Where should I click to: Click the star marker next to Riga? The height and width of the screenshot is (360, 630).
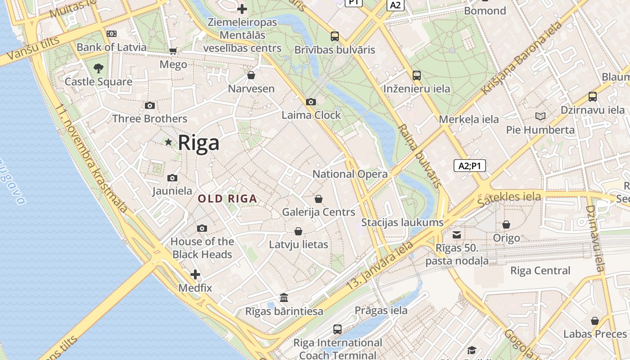coord(169,142)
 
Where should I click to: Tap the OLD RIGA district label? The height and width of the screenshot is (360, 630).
coord(227,198)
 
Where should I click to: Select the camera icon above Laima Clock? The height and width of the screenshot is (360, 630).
coord(310,102)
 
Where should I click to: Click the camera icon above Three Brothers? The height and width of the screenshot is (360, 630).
coord(150,106)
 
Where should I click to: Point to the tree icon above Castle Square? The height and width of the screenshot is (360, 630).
coord(99,68)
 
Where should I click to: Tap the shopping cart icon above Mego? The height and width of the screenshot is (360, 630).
coord(173,51)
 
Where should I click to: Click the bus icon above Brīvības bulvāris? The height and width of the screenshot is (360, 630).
coord(334,36)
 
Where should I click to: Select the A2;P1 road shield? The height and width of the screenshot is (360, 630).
coord(469,166)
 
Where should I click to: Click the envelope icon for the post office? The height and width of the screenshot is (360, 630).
coord(457,234)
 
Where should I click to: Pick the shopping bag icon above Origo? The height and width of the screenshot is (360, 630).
coord(506,225)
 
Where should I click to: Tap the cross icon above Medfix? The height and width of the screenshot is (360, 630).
coord(195,274)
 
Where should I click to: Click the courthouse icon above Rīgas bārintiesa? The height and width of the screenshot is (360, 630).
coord(284,298)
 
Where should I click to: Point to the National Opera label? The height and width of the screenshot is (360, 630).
coord(350,174)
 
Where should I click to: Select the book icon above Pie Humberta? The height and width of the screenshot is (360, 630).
coord(540,117)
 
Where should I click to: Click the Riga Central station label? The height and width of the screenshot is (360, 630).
coord(540,271)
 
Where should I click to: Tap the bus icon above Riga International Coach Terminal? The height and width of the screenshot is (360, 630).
coord(337,329)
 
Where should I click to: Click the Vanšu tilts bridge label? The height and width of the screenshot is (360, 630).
coord(30,51)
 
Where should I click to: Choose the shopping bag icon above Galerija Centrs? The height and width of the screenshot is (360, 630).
coord(319,199)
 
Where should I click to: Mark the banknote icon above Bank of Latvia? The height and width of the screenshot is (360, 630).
coord(111,34)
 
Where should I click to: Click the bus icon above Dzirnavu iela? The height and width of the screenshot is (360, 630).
coord(592,97)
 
